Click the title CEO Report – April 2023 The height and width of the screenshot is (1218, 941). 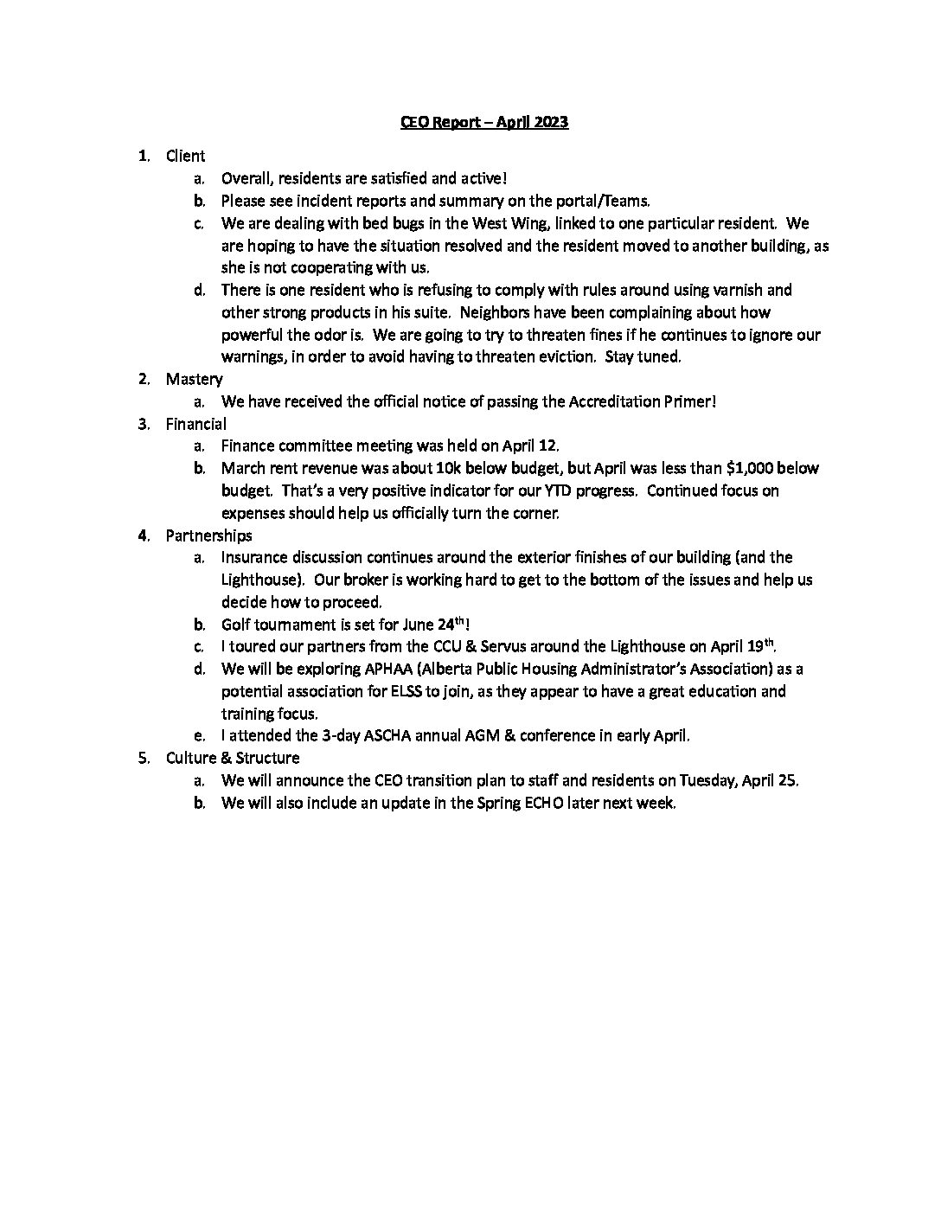click(483, 122)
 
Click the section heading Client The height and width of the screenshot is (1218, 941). click(185, 156)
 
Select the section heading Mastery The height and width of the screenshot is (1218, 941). click(194, 379)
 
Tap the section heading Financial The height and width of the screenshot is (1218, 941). click(196, 424)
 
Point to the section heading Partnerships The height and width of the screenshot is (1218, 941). click(209, 535)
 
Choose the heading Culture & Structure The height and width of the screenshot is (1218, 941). click(233, 758)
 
